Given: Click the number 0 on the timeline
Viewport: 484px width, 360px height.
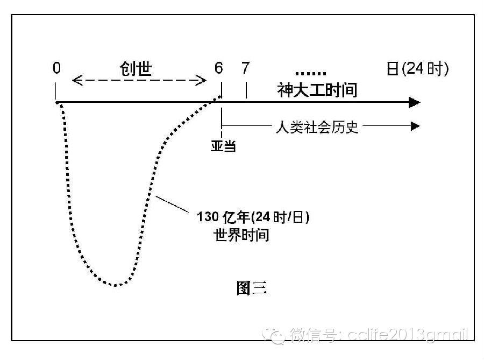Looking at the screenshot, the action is tap(56, 68).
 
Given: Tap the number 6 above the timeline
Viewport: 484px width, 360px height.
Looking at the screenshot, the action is tap(218, 68).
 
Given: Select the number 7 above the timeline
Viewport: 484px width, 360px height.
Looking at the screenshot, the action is tap(246, 68).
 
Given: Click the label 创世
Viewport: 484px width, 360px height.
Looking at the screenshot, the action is tap(136, 68).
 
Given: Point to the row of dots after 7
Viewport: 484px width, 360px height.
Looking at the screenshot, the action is tap(311, 73).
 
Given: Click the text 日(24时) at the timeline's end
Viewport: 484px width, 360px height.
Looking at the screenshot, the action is tap(417, 69).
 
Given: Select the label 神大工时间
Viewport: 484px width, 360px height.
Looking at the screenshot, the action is tap(317, 90).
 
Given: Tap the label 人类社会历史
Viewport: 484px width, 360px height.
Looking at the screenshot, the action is tap(316, 128).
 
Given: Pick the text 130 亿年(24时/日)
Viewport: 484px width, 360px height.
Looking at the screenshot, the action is tap(254, 217).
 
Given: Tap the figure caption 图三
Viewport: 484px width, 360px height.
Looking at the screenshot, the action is tap(252, 288).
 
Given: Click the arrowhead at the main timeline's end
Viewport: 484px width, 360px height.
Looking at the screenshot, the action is tap(415, 102).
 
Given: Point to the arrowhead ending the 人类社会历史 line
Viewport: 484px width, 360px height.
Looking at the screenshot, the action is tap(415, 126).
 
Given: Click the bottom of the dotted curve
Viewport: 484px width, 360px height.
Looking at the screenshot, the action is tap(115, 285).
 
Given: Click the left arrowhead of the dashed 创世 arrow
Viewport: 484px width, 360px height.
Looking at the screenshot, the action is tap(76, 81).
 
